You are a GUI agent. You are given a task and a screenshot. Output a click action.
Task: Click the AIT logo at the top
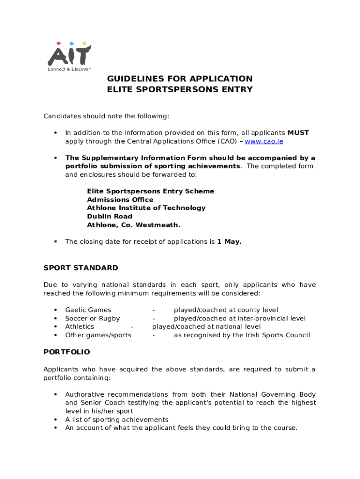[x=69, y=54]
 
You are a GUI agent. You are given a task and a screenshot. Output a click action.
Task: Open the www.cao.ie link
[x=264, y=141]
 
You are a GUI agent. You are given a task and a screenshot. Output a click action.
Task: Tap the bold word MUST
[x=298, y=133]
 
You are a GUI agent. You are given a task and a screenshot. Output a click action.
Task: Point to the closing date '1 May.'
[x=229, y=242]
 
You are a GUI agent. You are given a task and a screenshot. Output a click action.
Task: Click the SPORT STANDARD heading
[x=81, y=268]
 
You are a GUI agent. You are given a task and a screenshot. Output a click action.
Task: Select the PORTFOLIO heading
[x=67, y=352]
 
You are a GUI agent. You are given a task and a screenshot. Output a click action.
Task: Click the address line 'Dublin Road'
[x=109, y=217]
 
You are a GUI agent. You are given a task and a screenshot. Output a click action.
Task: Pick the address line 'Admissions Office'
[x=120, y=200]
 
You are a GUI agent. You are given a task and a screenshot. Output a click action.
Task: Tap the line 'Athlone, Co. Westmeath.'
[x=134, y=225]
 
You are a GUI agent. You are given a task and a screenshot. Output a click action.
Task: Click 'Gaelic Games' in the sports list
[x=88, y=310]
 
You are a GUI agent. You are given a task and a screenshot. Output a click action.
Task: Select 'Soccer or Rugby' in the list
[x=93, y=319]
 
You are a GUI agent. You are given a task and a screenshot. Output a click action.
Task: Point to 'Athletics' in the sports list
[x=79, y=327]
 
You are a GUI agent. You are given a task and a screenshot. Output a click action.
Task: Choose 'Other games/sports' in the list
[x=98, y=335]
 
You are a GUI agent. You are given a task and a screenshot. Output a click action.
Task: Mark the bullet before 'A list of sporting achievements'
[x=56, y=420]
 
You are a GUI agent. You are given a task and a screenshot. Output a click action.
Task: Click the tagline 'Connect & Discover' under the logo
[x=69, y=69]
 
